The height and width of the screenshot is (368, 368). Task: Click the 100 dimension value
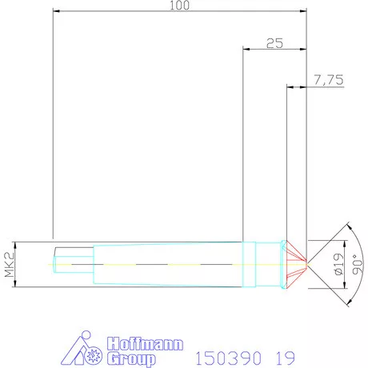[179, 6]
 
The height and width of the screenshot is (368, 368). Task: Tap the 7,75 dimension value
[329, 80]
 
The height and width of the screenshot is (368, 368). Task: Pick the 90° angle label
[357, 262]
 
